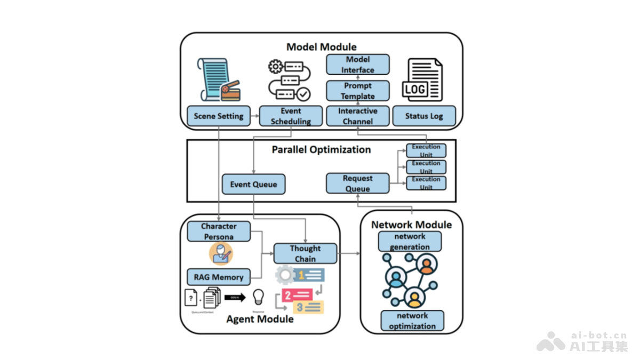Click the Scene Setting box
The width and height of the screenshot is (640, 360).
(x=218, y=116)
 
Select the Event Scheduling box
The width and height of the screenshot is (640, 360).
(x=291, y=116)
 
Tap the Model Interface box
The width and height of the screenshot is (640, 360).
(x=357, y=65)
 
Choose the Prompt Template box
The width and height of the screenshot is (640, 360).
(x=357, y=91)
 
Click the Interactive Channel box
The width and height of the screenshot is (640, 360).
(x=357, y=116)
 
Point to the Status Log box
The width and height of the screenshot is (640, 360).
(x=424, y=116)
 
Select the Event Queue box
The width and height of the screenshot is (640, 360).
(x=253, y=185)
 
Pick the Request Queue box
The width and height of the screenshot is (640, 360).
(x=357, y=183)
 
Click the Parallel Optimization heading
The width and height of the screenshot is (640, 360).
(x=321, y=149)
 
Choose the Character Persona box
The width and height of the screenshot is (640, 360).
(x=218, y=231)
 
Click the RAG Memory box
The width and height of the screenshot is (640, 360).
(x=218, y=277)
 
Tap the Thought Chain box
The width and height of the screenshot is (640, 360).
(x=305, y=254)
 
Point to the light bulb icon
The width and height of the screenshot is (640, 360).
(x=259, y=297)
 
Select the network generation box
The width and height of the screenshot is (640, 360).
(x=410, y=242)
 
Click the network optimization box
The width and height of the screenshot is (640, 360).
(x=412, y=321)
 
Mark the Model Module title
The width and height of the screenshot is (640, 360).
(x=321, y=47)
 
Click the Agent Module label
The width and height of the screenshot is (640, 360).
(x=260, y=319)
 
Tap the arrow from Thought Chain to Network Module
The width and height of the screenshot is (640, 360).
(x=349, y=254)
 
